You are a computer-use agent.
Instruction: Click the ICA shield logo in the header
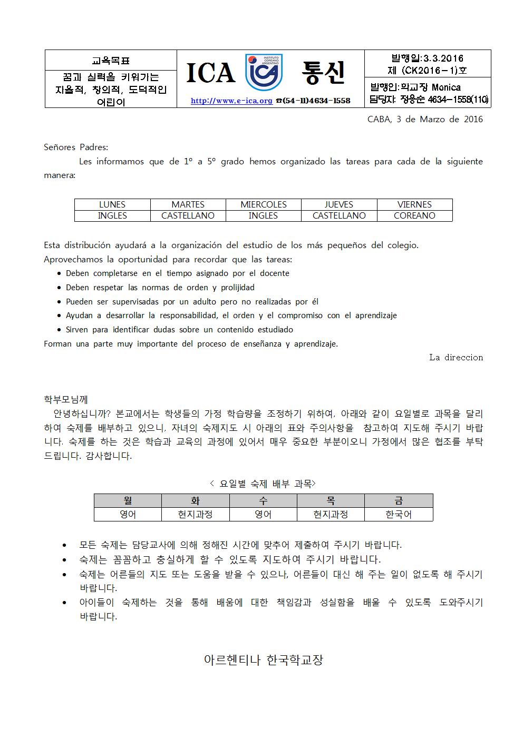click(x=264, y=72)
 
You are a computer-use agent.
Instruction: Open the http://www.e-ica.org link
click(x=231, y=101)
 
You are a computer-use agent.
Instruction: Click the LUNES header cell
click(x=112, y=204)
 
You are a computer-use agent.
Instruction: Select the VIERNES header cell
click(x=414, y=204)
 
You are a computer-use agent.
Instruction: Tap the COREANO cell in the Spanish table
click(x=414, y=215)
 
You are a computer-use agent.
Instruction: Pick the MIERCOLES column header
click(x=263, y=204)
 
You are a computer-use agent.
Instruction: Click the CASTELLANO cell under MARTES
click(x=188, y=215)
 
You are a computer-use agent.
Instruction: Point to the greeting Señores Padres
click(x=76, y=147)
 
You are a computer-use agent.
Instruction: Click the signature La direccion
click(x=456, y=357)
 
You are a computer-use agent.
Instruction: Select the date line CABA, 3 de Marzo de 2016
click(x=425, y=119)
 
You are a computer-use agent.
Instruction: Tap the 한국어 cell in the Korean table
click(x=399, y=514)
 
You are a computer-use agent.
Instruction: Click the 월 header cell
click(x=128, y=500)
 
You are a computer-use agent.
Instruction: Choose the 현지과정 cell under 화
click(x=195, y=514)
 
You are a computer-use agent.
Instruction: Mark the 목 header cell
click(x=331, y=500)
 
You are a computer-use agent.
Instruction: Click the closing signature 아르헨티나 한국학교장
click(x=263, y=659)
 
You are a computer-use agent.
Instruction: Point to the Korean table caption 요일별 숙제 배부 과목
click(x=263, y=483)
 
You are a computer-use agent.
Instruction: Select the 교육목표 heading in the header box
click(x=111, y=60)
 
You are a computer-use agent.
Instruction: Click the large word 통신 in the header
click(x=323, y=73)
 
